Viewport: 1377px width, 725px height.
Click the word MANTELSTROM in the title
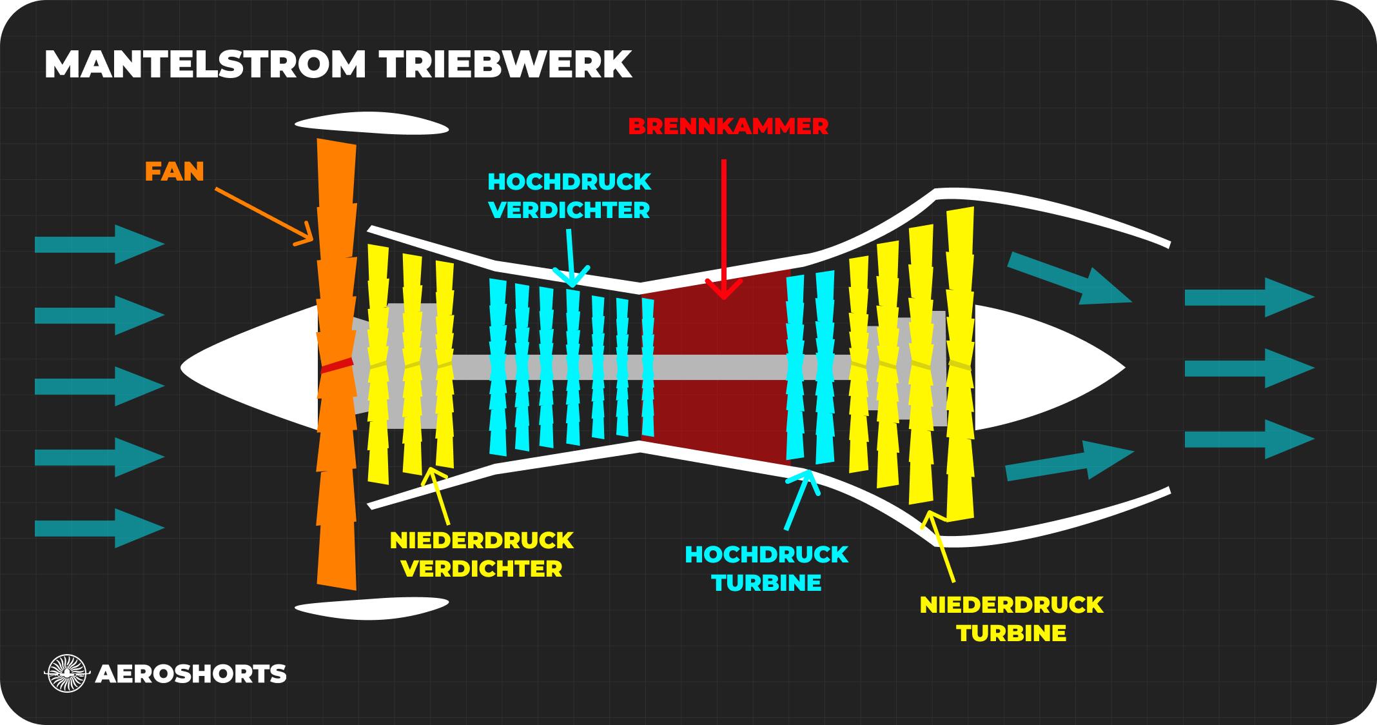tap(205, 65)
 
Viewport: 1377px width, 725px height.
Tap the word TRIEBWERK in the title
tap(505, 65)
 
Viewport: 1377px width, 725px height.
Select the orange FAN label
tap(174, 172)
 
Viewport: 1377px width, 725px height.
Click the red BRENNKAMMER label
tap(728, 126)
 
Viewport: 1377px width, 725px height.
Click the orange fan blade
tap(337, 452)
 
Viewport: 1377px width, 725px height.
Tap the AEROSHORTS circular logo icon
tap(67, 673)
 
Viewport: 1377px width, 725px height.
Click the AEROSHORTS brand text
tap(191, 674)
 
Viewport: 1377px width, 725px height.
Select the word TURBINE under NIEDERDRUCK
tap(1011, 633)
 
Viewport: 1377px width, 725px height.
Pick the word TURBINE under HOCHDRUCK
tap(767, 583)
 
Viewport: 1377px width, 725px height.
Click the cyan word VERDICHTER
tap(569, 210)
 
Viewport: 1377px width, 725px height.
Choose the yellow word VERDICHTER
tap(482, 569)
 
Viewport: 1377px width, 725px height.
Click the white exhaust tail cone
tap(1044, 367)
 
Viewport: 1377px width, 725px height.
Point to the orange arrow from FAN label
tap(264, 217)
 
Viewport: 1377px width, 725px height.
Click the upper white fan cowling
tap(371, 123)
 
